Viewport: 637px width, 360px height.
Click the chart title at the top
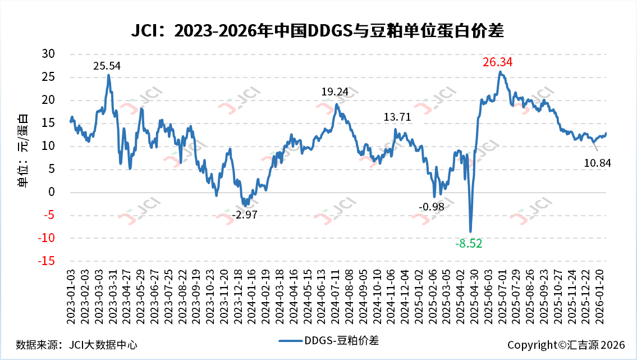318,30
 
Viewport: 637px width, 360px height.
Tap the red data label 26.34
497,62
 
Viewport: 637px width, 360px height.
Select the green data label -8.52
468,243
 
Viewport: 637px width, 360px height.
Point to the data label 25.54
107,66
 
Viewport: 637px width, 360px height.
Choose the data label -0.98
431,207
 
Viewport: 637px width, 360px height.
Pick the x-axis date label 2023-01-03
71,294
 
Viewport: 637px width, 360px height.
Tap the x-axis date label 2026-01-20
599,294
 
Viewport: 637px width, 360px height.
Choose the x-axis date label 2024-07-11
335,294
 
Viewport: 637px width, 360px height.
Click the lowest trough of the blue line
470,231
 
